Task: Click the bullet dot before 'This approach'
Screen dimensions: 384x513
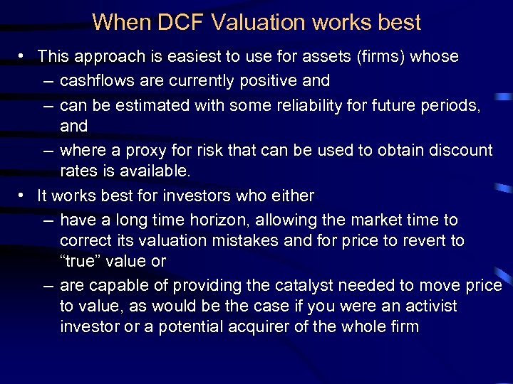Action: pyautogui.click(x=24, y=56)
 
